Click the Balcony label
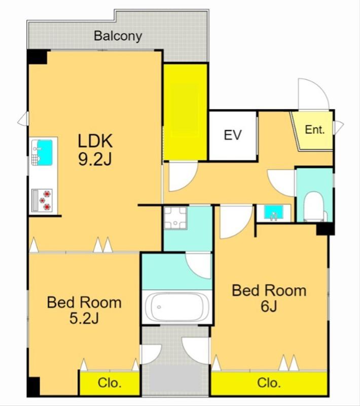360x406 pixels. tap(118, 36)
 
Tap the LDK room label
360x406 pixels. tap(95, 141)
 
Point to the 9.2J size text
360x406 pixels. tap(95, 159)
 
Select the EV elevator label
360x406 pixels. tap(233, 135)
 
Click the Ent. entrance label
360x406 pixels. tap(315, 129)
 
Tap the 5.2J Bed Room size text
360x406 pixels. tap(84, 318)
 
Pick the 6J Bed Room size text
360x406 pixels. tap(269, 307)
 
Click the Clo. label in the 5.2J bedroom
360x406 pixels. tap(110, 383)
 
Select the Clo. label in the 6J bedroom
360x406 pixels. tap(269, 383)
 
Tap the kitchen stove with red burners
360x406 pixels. tap(42, 200)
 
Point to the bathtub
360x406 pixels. tap(176, 307)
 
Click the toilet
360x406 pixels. tap(314, 207)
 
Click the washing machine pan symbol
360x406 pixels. tap(175, 218)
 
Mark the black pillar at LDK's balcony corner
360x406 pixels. tap(37, 57)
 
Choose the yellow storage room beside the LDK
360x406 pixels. tap(186, 112)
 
